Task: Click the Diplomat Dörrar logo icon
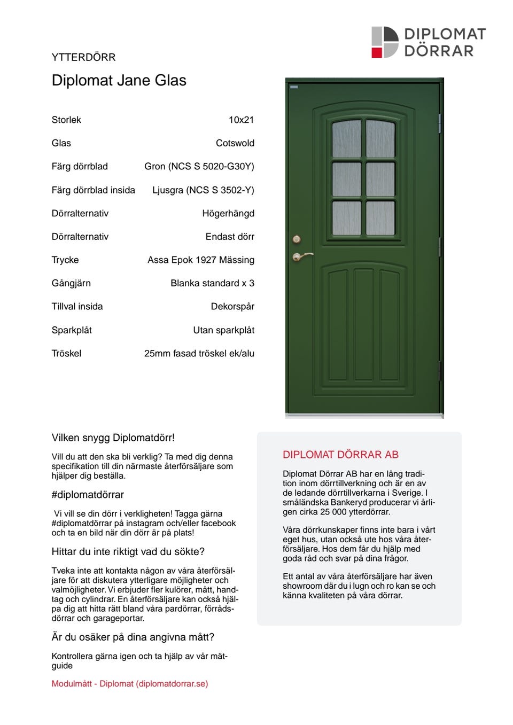(x=385, y=42)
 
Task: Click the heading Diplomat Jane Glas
(x=119, y=81)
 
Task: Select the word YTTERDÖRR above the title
(x=83, y=57)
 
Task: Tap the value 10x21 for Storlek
(x=241, y=120)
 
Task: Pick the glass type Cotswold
(x=235, y=143)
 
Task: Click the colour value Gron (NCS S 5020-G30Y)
(x=199, y=166)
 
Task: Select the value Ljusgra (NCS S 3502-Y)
(x=203, y=190)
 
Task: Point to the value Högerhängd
(x=228, y=213)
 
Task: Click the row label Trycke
(x=65, y=260)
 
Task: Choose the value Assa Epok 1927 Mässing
(x=200, y=260)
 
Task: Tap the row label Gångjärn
(x=71, y=283)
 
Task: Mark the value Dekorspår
(x=232, y=307)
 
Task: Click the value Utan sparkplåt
(x=223, y=330)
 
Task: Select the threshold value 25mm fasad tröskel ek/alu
(x=199, y=353)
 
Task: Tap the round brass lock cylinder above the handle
(x=297, y=239)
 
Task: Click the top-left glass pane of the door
(x=346, y=139)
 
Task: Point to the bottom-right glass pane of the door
(x=380, y=218)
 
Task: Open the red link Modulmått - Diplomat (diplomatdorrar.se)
(x=130, y=683)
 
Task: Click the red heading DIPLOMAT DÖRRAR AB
(x=340, y=455)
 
